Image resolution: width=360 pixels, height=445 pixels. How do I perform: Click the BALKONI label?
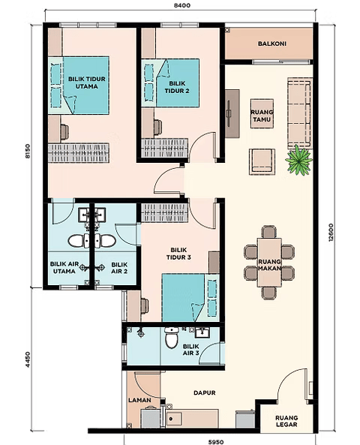click(x=271, y=44)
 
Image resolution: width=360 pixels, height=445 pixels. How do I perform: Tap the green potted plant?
click(x=298, y=161)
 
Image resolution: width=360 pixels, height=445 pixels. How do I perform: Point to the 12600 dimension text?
click(x=331, y=232)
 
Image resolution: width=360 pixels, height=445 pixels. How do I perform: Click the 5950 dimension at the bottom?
click(x=215, y=441)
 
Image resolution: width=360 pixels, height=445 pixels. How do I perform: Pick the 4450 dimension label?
click(x=27, y=359)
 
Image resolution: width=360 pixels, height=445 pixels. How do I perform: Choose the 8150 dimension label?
click(x=27, y=151)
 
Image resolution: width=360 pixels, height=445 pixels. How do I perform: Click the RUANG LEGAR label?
click(x=286, y=421)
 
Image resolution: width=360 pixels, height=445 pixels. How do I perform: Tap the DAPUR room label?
click(x=205, y=392)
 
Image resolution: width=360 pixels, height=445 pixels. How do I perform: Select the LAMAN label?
click(x=139, y=400)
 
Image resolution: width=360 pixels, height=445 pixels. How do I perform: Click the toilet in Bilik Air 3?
click(x=171, y=338)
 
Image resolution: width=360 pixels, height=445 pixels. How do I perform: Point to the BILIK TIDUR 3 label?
click(x=178, y=254)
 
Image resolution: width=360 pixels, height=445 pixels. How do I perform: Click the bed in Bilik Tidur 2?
click(x=170, y=83)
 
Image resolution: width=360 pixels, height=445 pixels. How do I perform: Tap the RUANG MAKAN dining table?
click(x=269, y=263)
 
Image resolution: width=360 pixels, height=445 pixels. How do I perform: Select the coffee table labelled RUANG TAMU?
click(x=262, y=113)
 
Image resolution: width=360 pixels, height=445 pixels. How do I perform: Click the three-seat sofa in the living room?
click(x=299, y=113)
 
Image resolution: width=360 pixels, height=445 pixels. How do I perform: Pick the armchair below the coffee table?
click(x=262, y=162)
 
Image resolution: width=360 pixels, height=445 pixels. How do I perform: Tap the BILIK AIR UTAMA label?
click(x=64, y=268)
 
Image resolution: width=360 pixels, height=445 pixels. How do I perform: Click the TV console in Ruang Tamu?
click(x=232, y=114)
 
